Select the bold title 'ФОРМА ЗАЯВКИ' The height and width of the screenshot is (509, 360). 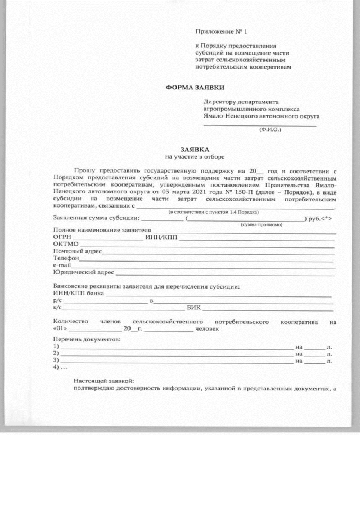(195, 88)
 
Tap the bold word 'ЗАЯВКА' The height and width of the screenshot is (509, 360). (195, 150)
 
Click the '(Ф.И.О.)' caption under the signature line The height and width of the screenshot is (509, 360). (269, 129)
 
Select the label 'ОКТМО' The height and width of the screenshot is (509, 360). (66, 244)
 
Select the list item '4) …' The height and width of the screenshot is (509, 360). (60, 367)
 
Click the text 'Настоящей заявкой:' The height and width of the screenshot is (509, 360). (104, 381)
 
